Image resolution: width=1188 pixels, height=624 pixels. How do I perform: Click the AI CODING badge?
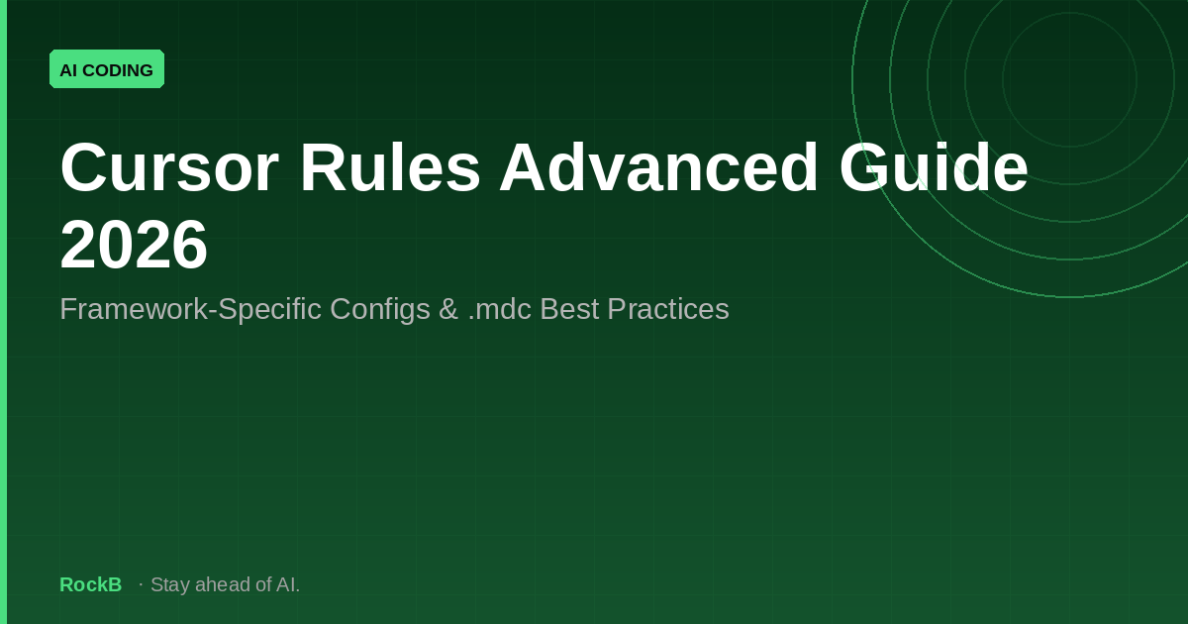coord(107,69)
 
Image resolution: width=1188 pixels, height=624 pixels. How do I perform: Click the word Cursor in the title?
coord(169,167)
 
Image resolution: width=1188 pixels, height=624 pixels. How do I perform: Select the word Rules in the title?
coord(390,166)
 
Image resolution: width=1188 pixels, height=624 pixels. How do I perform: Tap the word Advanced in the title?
coord(659,166)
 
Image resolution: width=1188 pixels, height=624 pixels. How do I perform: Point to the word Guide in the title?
coord(934,166)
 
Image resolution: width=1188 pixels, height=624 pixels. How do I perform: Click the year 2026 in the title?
coord(134,245)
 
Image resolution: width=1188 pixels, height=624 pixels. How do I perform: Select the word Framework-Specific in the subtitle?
coord(190,309)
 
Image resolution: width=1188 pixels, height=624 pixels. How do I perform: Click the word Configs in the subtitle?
coord(380,310)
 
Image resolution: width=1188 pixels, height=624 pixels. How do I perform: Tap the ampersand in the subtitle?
coord(448,309)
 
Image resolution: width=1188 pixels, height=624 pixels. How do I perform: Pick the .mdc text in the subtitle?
coord(500,309)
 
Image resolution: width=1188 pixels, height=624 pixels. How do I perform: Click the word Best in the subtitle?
coord(569,309)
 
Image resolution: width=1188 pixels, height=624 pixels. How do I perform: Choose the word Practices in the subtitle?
coord(668,309)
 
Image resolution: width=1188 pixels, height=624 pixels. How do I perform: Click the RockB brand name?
coord(91,584)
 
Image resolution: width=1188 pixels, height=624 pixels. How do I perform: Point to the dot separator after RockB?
coord(141,584)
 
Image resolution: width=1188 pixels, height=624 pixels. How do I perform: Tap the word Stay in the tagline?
coord(170,585)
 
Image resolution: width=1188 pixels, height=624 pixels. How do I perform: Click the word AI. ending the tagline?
coord(288,584)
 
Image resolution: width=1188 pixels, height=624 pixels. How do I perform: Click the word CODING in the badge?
coord(118,70)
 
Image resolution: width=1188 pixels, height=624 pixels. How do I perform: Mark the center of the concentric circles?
coord(1070,79)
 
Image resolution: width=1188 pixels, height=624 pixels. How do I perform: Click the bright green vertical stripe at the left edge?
coord(3,312)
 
